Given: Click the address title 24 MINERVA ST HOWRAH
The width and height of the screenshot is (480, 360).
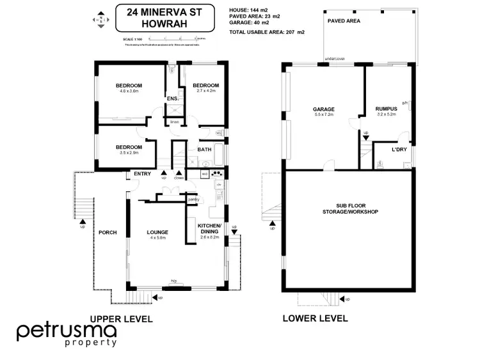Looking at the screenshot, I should point(165,19).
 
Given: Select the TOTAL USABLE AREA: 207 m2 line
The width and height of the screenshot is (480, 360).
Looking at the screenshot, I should point(266,31).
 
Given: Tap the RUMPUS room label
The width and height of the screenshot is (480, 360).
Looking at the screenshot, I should point(387,109).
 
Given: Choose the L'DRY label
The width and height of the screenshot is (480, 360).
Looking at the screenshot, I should point(399,150).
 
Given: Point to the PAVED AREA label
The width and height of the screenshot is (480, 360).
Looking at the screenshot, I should point(344,20).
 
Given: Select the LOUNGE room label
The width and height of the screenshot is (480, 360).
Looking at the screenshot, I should point(157,232).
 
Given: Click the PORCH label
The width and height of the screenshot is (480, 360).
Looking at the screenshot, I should point(107,232).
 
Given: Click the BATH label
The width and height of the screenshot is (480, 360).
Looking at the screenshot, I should point(204,150).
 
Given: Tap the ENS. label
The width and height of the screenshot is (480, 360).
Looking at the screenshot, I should point(172,99).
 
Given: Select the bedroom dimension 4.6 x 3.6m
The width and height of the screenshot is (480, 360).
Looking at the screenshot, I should point(129,91).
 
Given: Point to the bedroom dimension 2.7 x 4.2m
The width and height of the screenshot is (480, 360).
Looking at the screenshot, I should point(206,91).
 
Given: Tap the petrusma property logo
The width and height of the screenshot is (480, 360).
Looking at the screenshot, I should point(67,334).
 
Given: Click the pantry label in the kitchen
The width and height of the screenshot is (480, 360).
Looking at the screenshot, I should point(194,200).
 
